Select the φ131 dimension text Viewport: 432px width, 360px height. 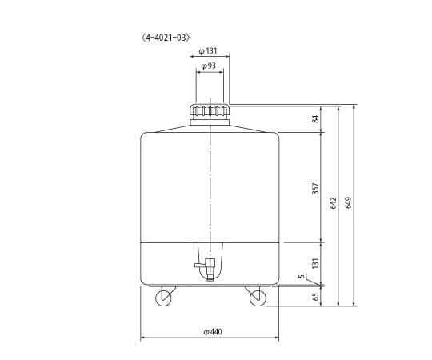click(x=210, y=50)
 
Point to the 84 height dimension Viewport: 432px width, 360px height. click(x=315, y=119)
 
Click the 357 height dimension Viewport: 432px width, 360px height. click(x=315, y=187)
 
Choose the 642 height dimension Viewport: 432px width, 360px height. click(x=333, y=204)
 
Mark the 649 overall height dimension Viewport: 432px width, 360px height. click(x=349, y=204)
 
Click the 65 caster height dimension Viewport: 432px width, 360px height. click(x=315, y=297)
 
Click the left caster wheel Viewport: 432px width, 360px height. click(x=163, y=298)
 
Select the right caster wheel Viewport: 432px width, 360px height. click(x=257, y=298)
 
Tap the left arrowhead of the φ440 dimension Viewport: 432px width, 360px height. click(x=142, y=337)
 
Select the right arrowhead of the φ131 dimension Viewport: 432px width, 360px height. click(x=229, y=56)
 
